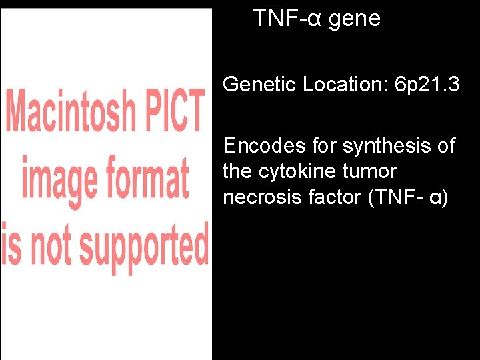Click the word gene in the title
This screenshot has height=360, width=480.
tap(354, 19)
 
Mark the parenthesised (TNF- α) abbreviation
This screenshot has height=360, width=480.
tap(408, 197)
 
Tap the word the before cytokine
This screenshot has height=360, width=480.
tap(237, 171)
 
